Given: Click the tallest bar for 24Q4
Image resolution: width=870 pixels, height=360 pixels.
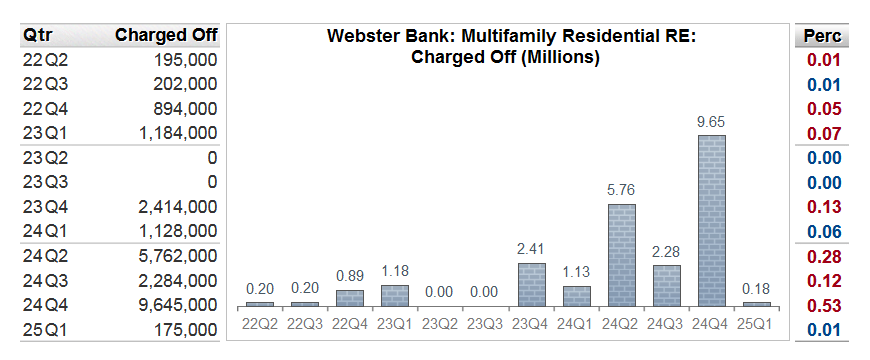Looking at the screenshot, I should click(711, 220).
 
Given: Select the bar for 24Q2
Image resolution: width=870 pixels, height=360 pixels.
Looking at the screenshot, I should click(621, 255).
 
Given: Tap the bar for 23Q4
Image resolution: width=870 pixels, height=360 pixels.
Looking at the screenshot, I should click(532, 284).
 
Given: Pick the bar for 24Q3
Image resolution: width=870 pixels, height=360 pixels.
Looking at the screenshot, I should click(666, 285).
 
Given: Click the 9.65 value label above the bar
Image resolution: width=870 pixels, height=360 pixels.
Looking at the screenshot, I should click(711, 122).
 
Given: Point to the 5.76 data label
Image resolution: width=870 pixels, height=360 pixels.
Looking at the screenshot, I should click(621, 190).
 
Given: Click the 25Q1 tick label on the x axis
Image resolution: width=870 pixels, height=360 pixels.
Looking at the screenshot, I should click(756, 323).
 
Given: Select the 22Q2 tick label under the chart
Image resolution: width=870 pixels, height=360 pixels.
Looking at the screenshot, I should click(260, 323).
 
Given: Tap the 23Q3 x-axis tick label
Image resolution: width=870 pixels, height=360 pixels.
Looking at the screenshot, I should click(485, 323).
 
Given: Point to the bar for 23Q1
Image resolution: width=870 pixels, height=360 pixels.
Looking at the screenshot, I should click(395, 295).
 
